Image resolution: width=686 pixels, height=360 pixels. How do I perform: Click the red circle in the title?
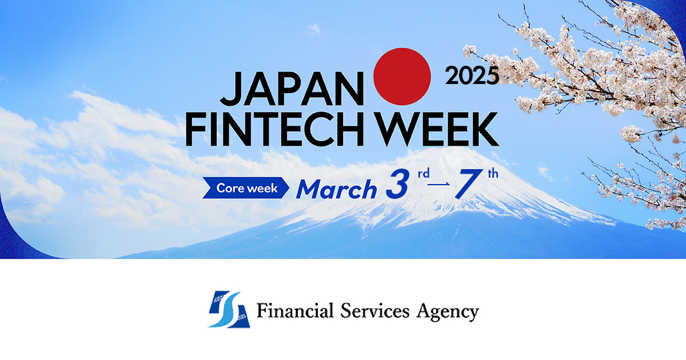click(x=402, y=76)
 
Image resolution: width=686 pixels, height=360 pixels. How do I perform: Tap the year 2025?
click(x=472, y=75)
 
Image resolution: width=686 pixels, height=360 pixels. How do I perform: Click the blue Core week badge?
click(x=246, y=188)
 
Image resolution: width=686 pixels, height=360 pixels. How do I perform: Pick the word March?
click(x=336, y=189)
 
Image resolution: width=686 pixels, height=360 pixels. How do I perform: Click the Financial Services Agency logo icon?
click(x=229, y=310)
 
